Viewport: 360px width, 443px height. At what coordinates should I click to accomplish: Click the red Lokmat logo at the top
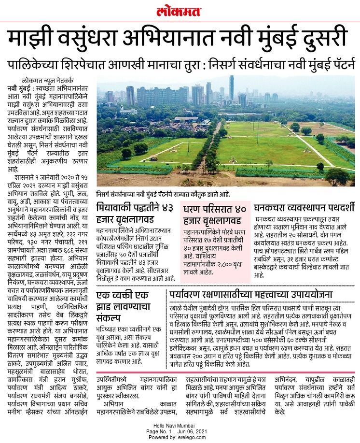180,11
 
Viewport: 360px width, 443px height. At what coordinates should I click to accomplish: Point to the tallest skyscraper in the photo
232,89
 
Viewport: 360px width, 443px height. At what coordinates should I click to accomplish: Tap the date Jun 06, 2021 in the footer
193,430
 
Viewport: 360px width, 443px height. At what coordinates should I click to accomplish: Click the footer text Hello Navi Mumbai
180,425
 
